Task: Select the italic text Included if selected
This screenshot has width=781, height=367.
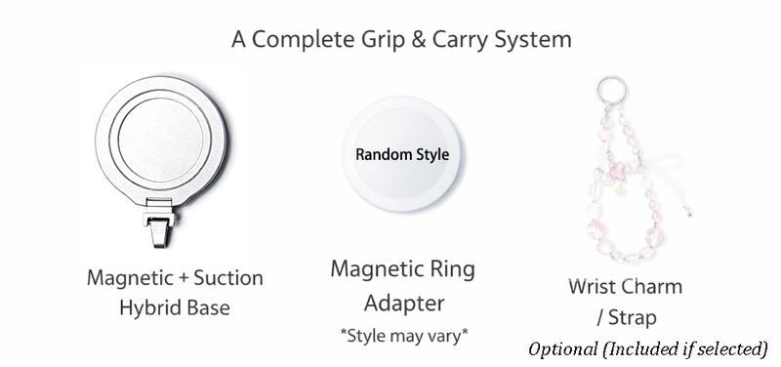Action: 687,348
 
